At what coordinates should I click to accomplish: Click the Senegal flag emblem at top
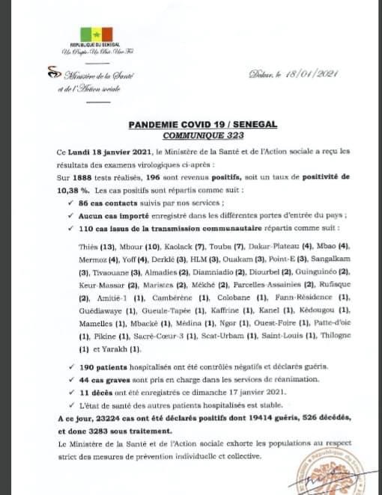coord(95,34)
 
